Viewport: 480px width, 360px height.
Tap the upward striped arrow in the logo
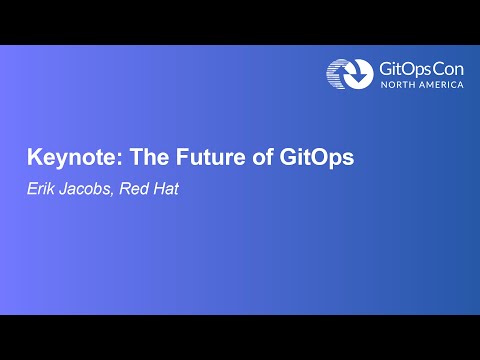337,75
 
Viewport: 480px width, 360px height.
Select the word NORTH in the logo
399,86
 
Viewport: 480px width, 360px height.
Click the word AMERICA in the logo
442,86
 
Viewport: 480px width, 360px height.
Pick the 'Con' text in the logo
446,68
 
